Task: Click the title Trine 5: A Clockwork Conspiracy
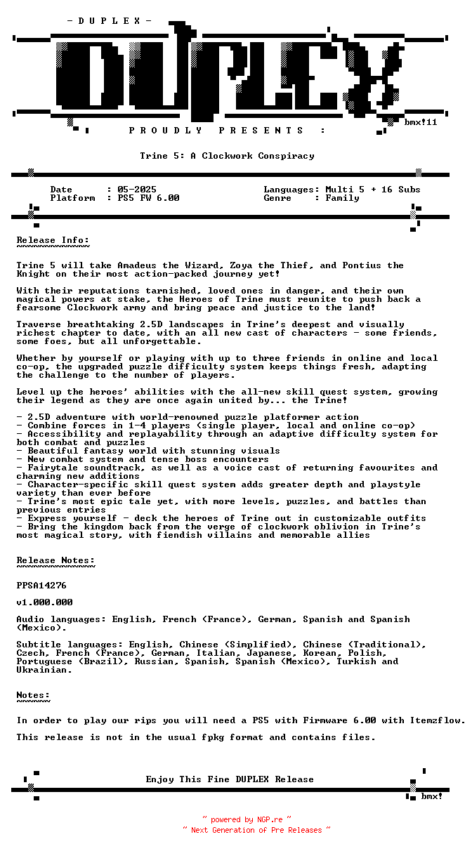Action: (227, 156)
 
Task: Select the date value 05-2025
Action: (137, 190)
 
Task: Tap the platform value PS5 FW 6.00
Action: (148, 198)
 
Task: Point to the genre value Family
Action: (342, 198)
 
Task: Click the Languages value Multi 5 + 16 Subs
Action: (373, 190)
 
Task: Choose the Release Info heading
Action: (53, 240)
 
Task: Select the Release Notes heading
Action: (55, 560)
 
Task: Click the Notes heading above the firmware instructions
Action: (33, 695)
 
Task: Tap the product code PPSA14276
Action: (41, 585)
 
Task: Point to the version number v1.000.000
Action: (44, 602)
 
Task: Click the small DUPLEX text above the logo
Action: (109, 21)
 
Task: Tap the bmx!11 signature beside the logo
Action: (421, 122)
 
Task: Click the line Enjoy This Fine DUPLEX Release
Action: (230, 779)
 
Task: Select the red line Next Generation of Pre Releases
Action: (256, 830)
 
